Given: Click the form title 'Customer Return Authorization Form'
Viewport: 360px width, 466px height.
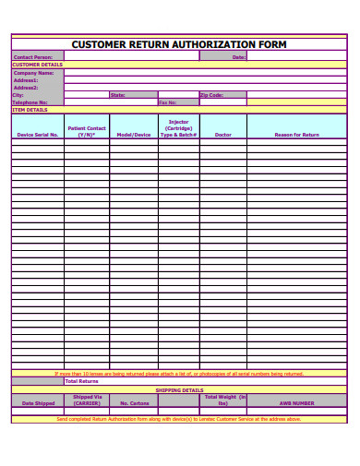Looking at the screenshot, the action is [x=179, y=43].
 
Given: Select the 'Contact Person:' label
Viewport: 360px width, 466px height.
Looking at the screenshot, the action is [x=33, y=57].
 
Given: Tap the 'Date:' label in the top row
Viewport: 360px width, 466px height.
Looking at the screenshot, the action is [x=238, y=57].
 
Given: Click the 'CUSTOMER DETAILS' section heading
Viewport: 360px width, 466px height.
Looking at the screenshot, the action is [x=37, y=65].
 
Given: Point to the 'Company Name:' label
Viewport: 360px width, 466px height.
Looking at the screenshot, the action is [x=34, y=73].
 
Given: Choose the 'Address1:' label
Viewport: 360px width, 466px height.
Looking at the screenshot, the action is [x=26, y=80].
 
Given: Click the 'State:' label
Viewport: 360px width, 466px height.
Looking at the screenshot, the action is [x=117, y=95].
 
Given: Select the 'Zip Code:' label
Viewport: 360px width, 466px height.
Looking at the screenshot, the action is [x=211, y=95].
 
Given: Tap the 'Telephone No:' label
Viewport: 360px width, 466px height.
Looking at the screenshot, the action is [x=30, y=102].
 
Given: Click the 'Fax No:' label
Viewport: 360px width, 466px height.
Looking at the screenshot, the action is [x=167, y=102].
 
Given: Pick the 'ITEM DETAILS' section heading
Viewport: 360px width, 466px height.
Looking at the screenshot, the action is [x=30, y=110].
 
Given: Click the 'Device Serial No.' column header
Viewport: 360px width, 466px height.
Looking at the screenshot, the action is [x=38, y=135].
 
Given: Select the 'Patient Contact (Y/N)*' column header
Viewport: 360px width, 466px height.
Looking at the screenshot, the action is [x=87, y=131].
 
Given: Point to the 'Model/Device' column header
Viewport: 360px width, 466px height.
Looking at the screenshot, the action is [x=133, y=135].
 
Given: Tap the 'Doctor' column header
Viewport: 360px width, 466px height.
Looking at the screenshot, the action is [x=222, y=135].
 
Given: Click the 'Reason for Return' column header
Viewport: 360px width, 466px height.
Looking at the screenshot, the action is [x=296, y=135].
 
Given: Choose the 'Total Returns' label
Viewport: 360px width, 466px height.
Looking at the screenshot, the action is [x=81, y=381].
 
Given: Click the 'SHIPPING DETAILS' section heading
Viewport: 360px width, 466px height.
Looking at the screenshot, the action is [x=179, y=389].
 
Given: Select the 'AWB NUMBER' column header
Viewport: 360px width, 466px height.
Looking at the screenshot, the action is [x=296, y=403].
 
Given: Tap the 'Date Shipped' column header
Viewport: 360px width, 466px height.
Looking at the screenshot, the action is [x=38, y=403].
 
